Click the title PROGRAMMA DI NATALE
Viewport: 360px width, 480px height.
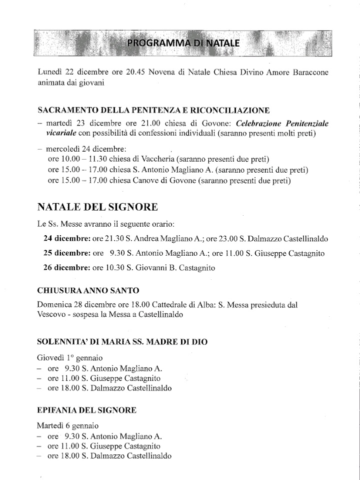pyautogui.click(x=183, y=43)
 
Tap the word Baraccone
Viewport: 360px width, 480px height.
pyautogui.click(x=306, y=72)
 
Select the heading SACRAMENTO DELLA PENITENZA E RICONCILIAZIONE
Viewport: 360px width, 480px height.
pyautogui.click(x=154, y=110)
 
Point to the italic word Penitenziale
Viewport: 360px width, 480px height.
pyautogui.click(x=307, y=123)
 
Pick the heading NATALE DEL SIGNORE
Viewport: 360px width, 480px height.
pyautogui.click(x=98, y=207)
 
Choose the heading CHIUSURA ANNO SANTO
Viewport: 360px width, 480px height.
pyautogui.click(x=88, y=290)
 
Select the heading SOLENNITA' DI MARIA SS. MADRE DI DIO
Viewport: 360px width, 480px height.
pyautogui.click(x=122, y=342)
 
